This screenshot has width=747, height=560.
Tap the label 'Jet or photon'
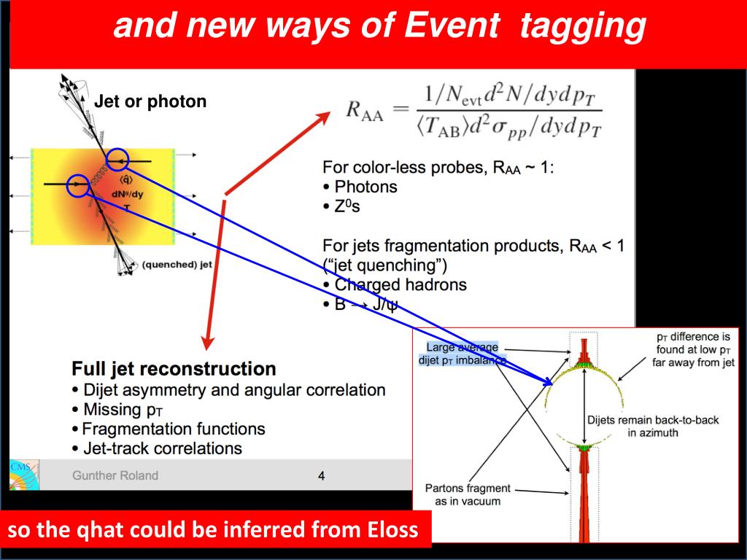pos(150,101)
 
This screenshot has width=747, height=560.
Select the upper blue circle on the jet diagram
pos(117,159)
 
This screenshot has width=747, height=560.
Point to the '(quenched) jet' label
pos(177,265)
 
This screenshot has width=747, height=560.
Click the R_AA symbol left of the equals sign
pos(364,112)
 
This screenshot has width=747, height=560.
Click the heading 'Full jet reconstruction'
pos(174,369)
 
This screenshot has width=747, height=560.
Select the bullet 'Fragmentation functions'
pos(173,429)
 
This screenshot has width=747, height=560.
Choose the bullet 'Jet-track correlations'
pos(162,448)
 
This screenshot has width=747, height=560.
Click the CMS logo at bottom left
pos(22,475)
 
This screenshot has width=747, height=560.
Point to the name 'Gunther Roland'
pos(115,475)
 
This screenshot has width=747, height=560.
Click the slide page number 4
pos(321,476)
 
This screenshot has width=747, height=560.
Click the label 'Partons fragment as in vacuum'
pos(468,495)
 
